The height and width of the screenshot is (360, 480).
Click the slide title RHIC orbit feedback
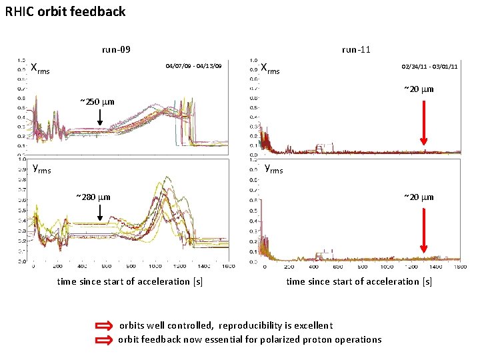pos(65,11)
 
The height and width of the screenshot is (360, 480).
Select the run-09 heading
pos(115,49)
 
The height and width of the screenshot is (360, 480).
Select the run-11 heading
pos(356,49)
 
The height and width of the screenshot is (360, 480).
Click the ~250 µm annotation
pos(97,102)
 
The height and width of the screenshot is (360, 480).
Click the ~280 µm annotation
pos(93,197)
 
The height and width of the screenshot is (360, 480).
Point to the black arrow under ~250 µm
pos(99,118)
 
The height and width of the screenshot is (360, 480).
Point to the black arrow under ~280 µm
pos(99,213)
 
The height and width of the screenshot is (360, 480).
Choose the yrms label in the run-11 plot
pos(273,169)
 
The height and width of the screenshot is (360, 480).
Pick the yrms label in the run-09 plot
pos(41,168)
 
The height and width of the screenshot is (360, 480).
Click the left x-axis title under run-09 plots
pos(130,281)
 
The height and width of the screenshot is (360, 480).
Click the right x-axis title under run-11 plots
pos(359,281)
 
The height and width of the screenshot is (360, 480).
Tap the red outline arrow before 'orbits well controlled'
pos(105,326)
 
